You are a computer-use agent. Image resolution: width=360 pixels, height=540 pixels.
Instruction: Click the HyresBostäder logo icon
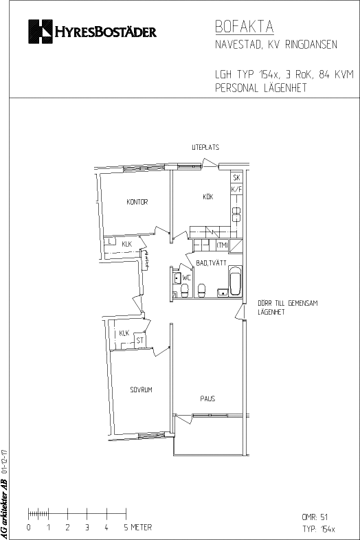(41, 32)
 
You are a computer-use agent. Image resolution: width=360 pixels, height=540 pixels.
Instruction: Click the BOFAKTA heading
(245, 27)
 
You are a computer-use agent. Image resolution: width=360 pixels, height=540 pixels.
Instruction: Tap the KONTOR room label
(137, 202)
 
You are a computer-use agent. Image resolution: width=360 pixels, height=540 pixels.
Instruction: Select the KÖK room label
(208, 196)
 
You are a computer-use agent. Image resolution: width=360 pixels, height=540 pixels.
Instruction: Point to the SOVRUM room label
(141, 390)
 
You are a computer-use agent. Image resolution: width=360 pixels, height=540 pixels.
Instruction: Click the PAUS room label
(207, 398)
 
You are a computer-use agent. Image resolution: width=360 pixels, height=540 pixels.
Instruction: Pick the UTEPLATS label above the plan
(205, 148)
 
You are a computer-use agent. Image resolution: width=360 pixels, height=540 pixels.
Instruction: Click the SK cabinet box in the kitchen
(236, 178)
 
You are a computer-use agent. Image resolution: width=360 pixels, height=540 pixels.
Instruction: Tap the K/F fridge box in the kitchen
(236, 189)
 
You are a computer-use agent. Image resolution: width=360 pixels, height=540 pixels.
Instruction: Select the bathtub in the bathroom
(236, 281)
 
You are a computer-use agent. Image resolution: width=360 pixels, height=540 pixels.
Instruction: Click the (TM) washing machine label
(222, 245)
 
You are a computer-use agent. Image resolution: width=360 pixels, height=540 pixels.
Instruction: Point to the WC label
(186, 278)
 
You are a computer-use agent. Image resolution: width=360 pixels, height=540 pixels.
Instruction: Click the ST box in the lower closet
(140, 341)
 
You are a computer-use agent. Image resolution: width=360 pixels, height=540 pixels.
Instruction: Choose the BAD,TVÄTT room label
(211, 263)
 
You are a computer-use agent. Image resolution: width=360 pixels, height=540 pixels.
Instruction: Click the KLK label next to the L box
(127, 244)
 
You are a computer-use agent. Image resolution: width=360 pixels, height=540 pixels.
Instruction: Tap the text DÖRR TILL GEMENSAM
(288, 304)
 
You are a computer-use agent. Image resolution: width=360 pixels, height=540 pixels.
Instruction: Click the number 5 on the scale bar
(126, 527)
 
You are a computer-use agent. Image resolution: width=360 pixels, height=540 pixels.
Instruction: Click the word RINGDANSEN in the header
(311, 45)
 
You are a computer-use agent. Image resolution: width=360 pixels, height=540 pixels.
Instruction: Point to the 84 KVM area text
(336, 74)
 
